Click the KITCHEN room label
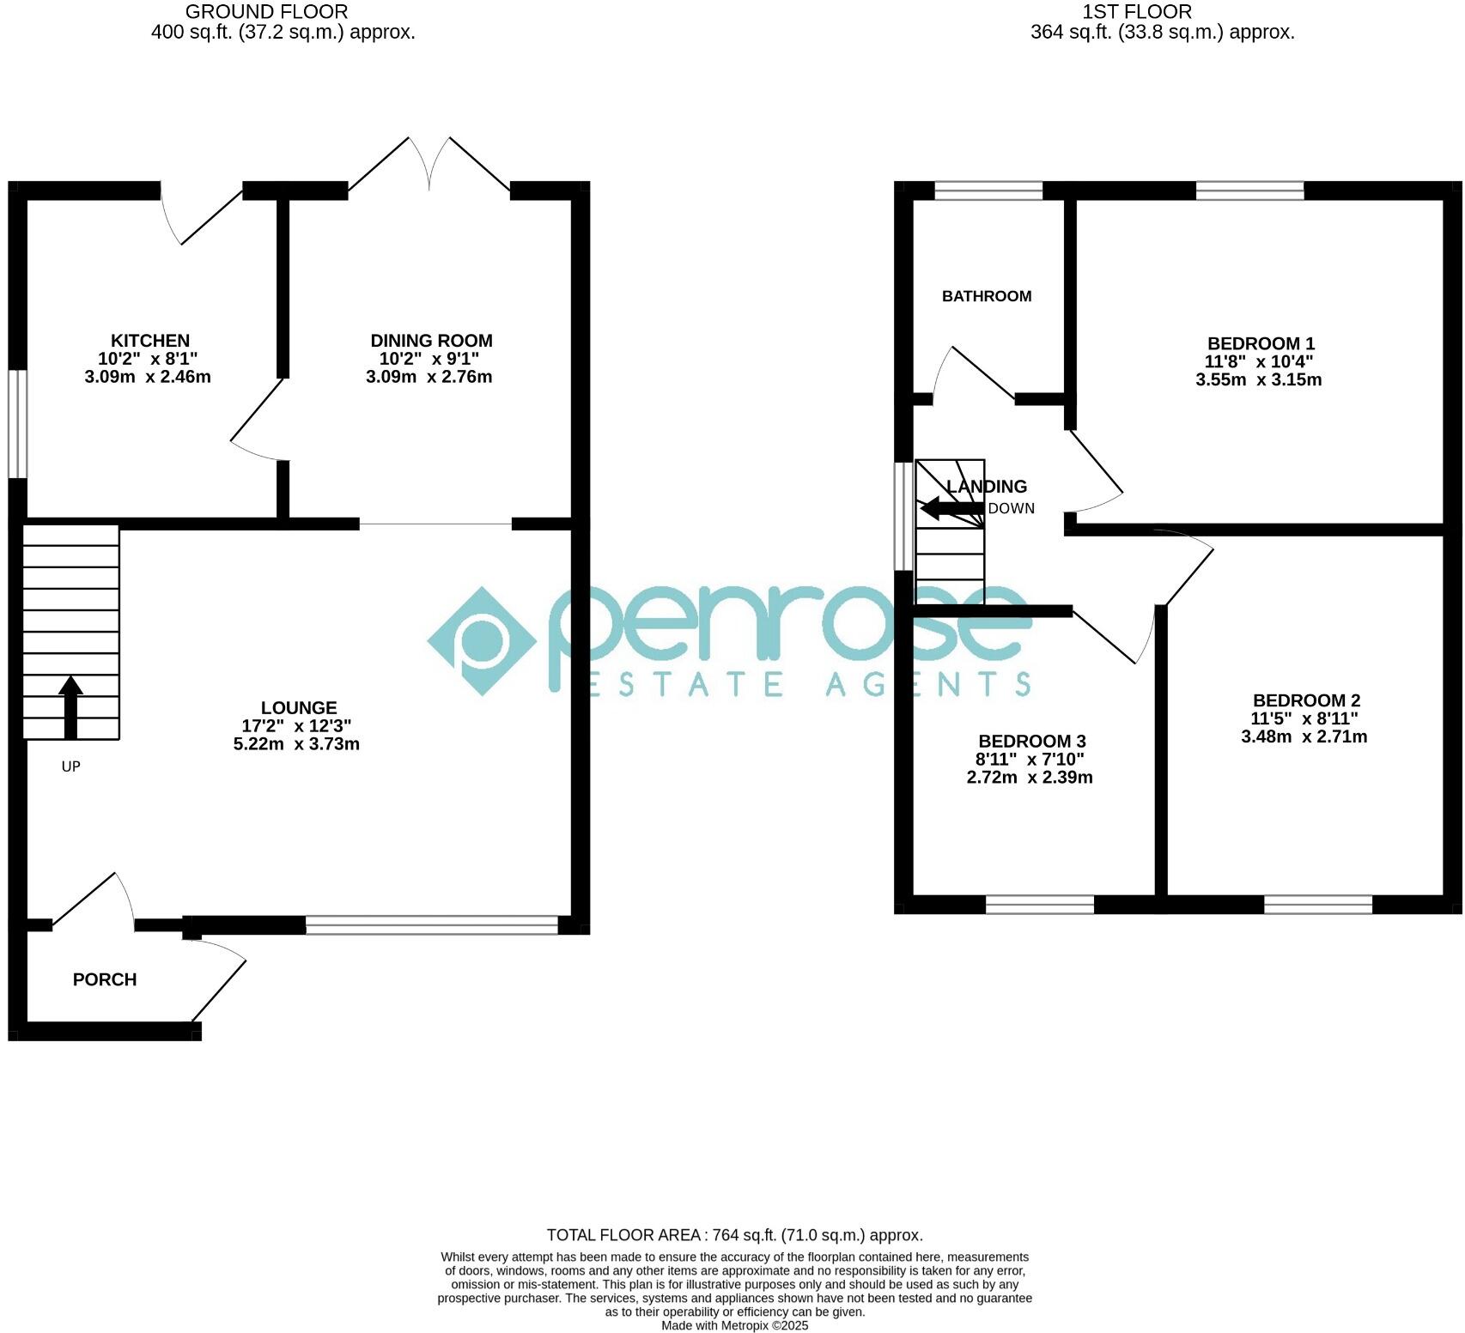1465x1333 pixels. click(149, 341)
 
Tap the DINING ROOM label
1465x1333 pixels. click(431, 341)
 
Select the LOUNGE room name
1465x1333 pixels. click(299, 708)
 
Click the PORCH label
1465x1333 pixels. click(105, 979)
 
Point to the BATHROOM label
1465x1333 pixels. click(987, 296)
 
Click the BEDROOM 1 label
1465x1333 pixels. click(1261, 344)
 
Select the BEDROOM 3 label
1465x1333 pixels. click(1032, 741)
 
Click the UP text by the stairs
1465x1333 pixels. click(70, 766)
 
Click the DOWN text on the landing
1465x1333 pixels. click(1011, 508)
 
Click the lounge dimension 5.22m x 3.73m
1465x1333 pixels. click(296, 744)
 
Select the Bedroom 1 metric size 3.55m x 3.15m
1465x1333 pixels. click(1258, 380)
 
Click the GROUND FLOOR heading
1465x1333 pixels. click(266, 12)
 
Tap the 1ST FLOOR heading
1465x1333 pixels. click(1137, 12)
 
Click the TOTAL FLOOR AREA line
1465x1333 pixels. click(734, 1235)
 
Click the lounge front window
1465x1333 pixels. click(432, 924)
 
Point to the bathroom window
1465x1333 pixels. click(988, 191)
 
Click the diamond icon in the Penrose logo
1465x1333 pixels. click(482, 640)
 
